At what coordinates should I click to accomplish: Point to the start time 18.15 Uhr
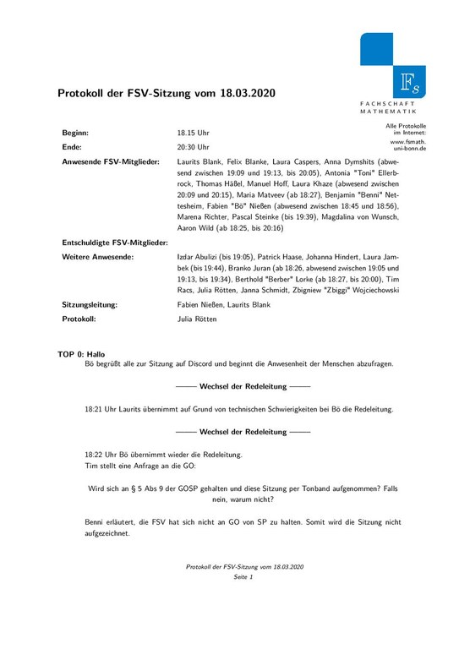pos(194,134)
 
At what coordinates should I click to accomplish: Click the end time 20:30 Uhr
pos(194,146)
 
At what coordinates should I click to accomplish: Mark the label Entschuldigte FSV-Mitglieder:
pos(115,243)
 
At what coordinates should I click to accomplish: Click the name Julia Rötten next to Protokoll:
pos(197,319)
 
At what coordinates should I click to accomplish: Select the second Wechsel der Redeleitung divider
pos(231,431)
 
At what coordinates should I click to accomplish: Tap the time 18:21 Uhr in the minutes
pos(102,409)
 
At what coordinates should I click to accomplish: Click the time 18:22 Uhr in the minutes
pos(102,454)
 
